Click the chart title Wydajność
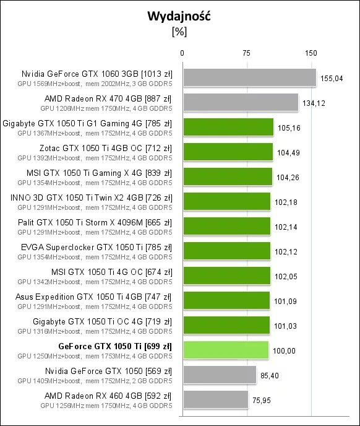coord(179,17)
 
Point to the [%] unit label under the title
coord(179,32)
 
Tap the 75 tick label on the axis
coord(246,53)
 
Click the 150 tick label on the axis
coord(311,53)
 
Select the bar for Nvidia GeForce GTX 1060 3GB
coord(249,77)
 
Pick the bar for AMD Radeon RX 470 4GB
coord(241,102)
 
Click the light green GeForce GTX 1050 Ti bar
coord(226,350)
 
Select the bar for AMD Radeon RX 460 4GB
coord(215,399)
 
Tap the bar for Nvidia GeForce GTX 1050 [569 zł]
coord(219,375)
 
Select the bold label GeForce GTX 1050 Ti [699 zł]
coord(114,346)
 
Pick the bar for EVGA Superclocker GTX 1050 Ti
coord(226,251)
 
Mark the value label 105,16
coord(289,128)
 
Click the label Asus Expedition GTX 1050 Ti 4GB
coord(93,297)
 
